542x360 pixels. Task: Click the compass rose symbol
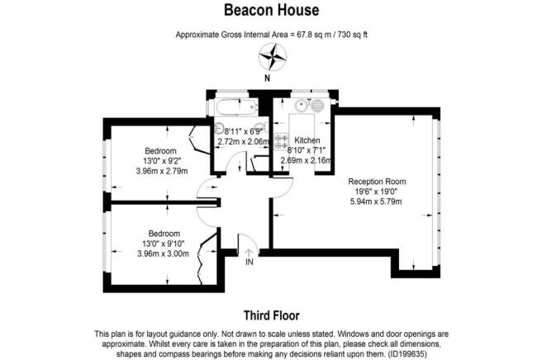coord(273,57)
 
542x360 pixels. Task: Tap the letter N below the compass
coord(267,78)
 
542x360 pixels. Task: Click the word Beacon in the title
coord(246,10)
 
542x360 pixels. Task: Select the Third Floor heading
coord(271,315)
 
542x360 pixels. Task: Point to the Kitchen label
coord(307,140)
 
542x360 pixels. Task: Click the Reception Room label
coord(377,182)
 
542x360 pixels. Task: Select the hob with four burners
coord(281,142)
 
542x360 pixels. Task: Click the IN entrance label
coord(250,263)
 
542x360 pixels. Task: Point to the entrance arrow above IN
coord(250,253)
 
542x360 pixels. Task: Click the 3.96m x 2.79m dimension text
coord(162,171)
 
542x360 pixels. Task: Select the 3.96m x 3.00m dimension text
coord(163,254)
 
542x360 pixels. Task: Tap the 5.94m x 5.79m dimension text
coord(376,201)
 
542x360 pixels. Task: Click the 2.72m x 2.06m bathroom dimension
coord(244,141)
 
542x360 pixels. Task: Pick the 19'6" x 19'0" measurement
coord(377,192)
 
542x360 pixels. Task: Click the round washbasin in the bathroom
coord(219,128)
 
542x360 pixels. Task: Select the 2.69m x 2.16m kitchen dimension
coord(306,160)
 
